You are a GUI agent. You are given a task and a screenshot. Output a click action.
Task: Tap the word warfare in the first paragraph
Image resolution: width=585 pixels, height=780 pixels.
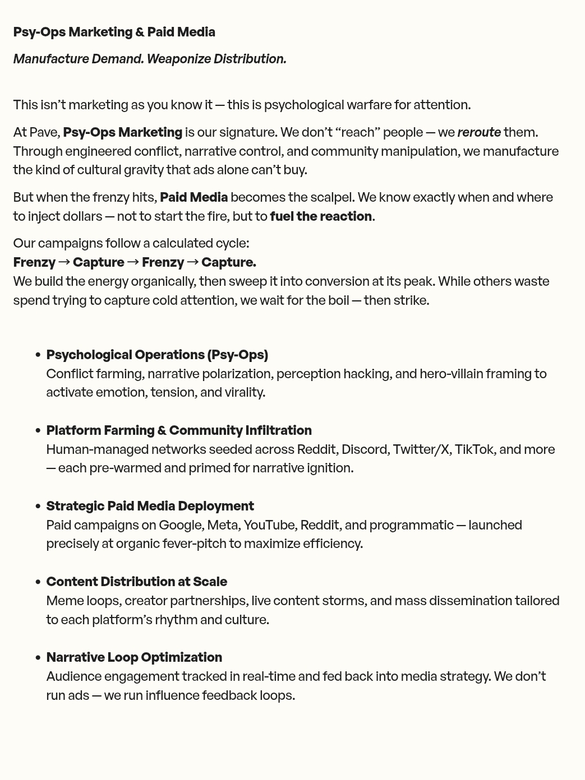pyautogui.click(x=378, y=105)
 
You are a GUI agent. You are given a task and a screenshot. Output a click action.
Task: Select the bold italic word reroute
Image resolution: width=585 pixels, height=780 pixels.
pyautogui.click(x=479, y=132)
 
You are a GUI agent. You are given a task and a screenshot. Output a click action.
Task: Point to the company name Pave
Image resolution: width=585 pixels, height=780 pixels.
pyautogui.click(x=44, y=132)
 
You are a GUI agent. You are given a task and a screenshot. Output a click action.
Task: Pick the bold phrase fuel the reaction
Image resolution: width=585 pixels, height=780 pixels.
pyautogui.click(x=321, y=216)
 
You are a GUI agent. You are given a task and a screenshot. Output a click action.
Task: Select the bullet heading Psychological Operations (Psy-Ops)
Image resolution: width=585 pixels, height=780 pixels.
pyautogui.click(x=157, y=355)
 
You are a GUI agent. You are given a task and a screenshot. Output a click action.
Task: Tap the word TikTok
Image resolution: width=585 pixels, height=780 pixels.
pyautogui.click(x=474, y=449)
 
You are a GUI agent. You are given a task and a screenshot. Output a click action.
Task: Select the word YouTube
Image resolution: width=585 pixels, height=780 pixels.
pyautogui.click(x=269, y=525)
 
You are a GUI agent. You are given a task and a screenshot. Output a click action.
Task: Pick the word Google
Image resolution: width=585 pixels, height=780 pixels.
pyautogui.click(x=180, y=525)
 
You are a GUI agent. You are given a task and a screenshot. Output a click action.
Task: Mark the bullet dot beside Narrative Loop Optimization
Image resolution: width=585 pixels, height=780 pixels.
pyautogui.click(x=38, y=658)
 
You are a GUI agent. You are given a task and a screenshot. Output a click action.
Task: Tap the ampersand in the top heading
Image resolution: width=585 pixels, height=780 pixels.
pyautogui.click(x=140, y=32)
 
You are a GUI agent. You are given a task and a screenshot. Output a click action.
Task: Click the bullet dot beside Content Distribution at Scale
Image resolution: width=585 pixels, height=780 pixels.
pyautogui.click(x=38, y=582)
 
